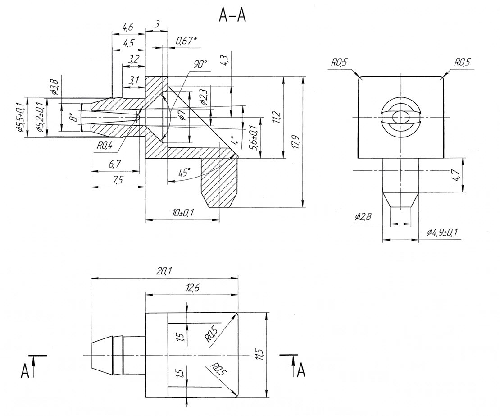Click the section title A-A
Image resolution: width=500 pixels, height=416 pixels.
232,16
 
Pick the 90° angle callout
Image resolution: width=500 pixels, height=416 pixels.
200,64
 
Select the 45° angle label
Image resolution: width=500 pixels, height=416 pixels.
184,173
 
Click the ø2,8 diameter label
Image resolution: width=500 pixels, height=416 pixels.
363,217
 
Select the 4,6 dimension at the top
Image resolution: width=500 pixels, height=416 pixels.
128,27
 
